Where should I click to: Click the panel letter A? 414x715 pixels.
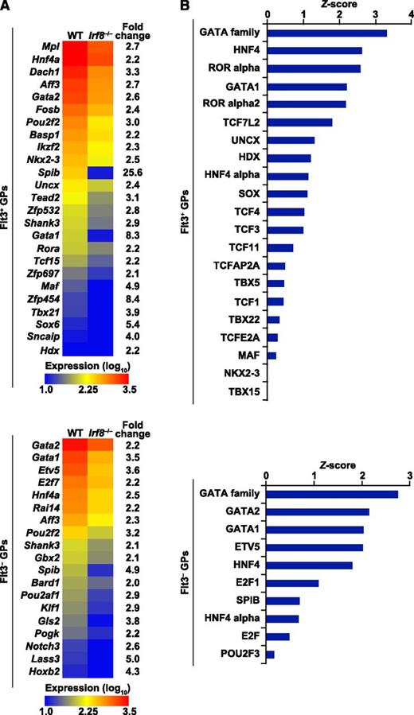[6, 6]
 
